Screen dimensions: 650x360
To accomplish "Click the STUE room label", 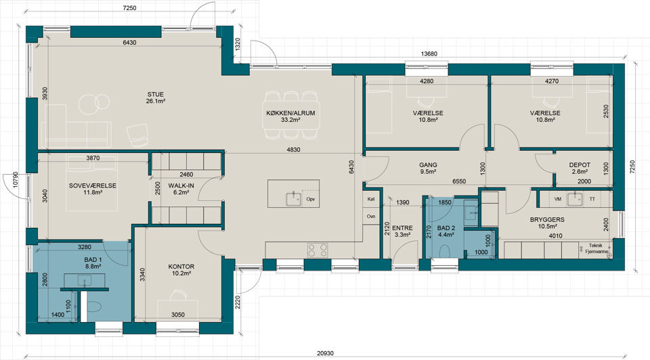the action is click(x=156, y=95).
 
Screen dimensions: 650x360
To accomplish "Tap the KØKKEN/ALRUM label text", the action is click(x=290, y=113).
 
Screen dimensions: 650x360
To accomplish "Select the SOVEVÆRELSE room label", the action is click(x=93, y=185).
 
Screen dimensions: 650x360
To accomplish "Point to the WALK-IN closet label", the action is click(x=181, y=185).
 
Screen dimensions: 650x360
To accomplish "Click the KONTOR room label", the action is click(x=181, y=267).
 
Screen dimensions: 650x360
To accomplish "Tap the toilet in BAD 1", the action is click(x=94, y=307).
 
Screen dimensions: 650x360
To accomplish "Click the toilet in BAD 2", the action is click(x=444, y=252).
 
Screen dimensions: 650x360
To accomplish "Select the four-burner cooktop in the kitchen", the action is click(x=318, y=250).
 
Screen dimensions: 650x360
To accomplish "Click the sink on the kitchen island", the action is click(x=294, y=199).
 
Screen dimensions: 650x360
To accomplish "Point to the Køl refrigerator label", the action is click(x=371, y=199).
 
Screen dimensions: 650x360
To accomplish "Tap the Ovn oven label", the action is click(x=371, y=217).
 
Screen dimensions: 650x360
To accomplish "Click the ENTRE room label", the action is click(x=402, y=228).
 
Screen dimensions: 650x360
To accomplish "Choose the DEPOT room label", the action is click(x=580, y=165).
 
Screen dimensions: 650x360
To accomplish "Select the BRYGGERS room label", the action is click(x=547, y=219).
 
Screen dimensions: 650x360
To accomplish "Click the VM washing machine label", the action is click(x=557, y=199).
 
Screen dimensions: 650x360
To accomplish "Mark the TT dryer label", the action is click(x=592, y=199).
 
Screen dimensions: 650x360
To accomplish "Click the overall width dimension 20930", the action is click(x=325, y=353).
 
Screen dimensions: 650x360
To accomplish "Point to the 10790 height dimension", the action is click(x=16, y=180).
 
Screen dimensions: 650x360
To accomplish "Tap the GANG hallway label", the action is click(x=428, y=165).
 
